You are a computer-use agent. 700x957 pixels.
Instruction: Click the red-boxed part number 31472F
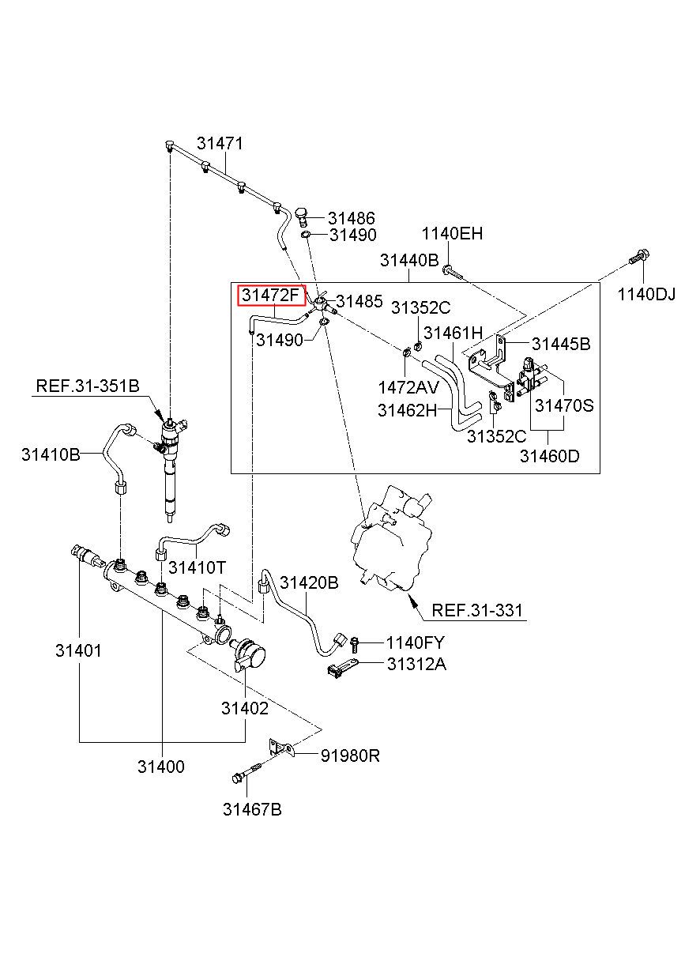(271, 296)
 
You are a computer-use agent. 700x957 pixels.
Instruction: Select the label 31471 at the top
(220, 144)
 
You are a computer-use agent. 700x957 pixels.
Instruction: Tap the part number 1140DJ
(646, 294)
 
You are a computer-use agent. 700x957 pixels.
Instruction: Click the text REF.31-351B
(88, 386)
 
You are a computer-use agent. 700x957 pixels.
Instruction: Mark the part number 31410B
(51, 454)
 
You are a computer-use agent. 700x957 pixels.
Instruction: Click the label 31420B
(309, 582)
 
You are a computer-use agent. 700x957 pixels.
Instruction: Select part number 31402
(245, 708)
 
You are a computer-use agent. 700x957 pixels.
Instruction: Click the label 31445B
(561, 344)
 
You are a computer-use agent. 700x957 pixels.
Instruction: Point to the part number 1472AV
(408, 387)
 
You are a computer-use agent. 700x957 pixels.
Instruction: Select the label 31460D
(549, 456)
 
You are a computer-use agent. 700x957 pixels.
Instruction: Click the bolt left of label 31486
(302, 217)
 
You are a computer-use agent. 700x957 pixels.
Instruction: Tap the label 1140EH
(452, 234)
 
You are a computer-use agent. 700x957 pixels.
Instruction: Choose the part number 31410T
(197, 567)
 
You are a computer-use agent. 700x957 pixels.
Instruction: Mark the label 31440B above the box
(409, 260)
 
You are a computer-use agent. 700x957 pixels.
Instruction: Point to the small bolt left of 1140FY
(354, 644)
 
